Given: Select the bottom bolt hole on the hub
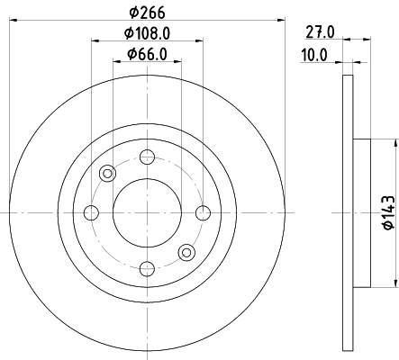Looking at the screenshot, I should point(146,266).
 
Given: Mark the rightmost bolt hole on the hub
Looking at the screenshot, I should point(201,212).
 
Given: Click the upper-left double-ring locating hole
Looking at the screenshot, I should point(107,174).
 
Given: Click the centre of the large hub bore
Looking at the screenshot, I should point(146,212).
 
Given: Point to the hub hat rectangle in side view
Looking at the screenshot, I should point(359,212).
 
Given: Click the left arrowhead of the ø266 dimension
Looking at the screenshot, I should point(14,20).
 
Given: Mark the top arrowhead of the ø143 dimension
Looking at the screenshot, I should point(394,144).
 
